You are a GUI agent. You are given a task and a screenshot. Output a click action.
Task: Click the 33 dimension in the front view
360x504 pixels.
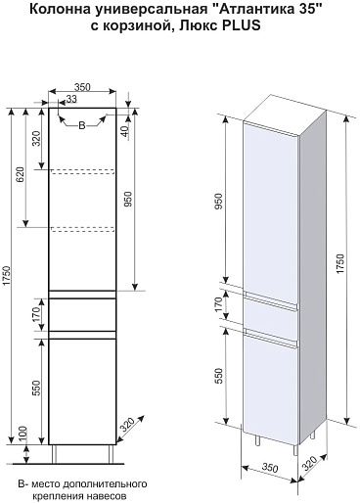coord(71,99)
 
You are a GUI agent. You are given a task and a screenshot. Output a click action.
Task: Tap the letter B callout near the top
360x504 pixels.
coord(82,125)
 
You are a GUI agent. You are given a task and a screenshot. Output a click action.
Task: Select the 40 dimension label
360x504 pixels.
coord(125,131)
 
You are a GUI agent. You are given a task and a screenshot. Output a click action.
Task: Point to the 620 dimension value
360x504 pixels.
coord(21,175)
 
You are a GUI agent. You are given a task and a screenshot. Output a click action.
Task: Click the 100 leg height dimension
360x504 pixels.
coord(23,434)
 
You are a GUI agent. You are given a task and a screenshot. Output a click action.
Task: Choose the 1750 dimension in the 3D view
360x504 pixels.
coord(340,263)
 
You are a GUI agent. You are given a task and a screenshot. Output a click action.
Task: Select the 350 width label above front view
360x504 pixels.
coord(82,87)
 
